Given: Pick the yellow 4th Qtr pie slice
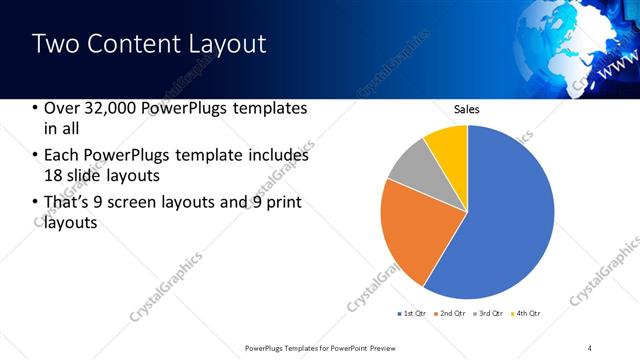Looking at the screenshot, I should point(447,145).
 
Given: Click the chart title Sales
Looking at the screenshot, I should point(467,109).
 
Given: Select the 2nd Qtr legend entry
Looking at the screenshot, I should point(449,314).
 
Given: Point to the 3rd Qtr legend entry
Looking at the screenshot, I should point(488,314).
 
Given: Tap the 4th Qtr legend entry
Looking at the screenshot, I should point(526,314).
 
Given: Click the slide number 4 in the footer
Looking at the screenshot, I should point(590,347).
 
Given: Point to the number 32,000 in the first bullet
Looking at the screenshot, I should point(113,108).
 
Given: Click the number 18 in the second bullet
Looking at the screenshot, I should point(55,177).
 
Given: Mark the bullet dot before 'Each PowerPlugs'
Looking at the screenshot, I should point(36,156).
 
